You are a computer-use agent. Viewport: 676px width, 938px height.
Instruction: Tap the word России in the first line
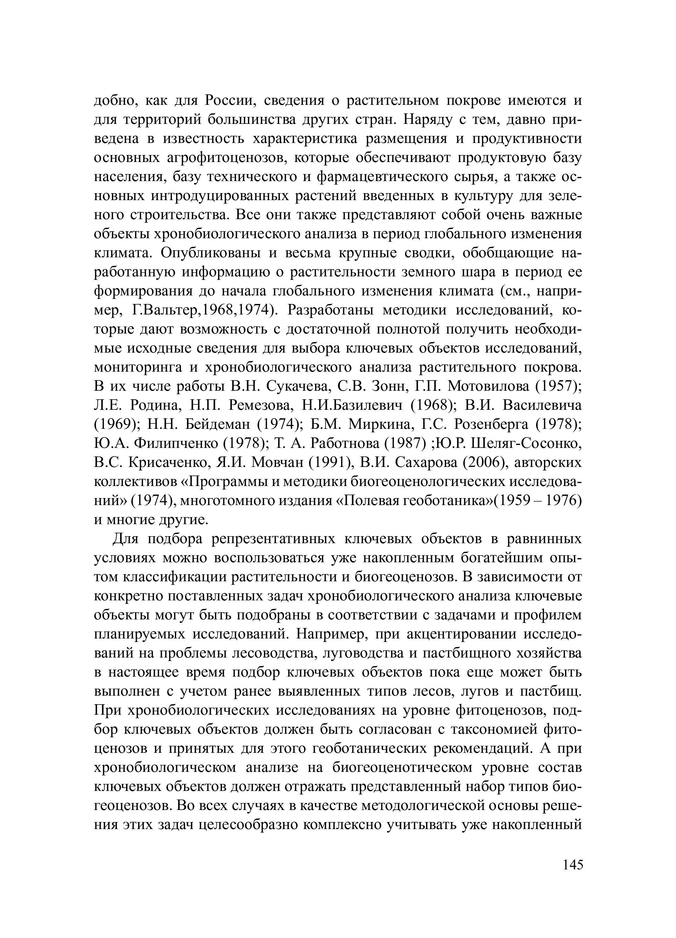[230, 100]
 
